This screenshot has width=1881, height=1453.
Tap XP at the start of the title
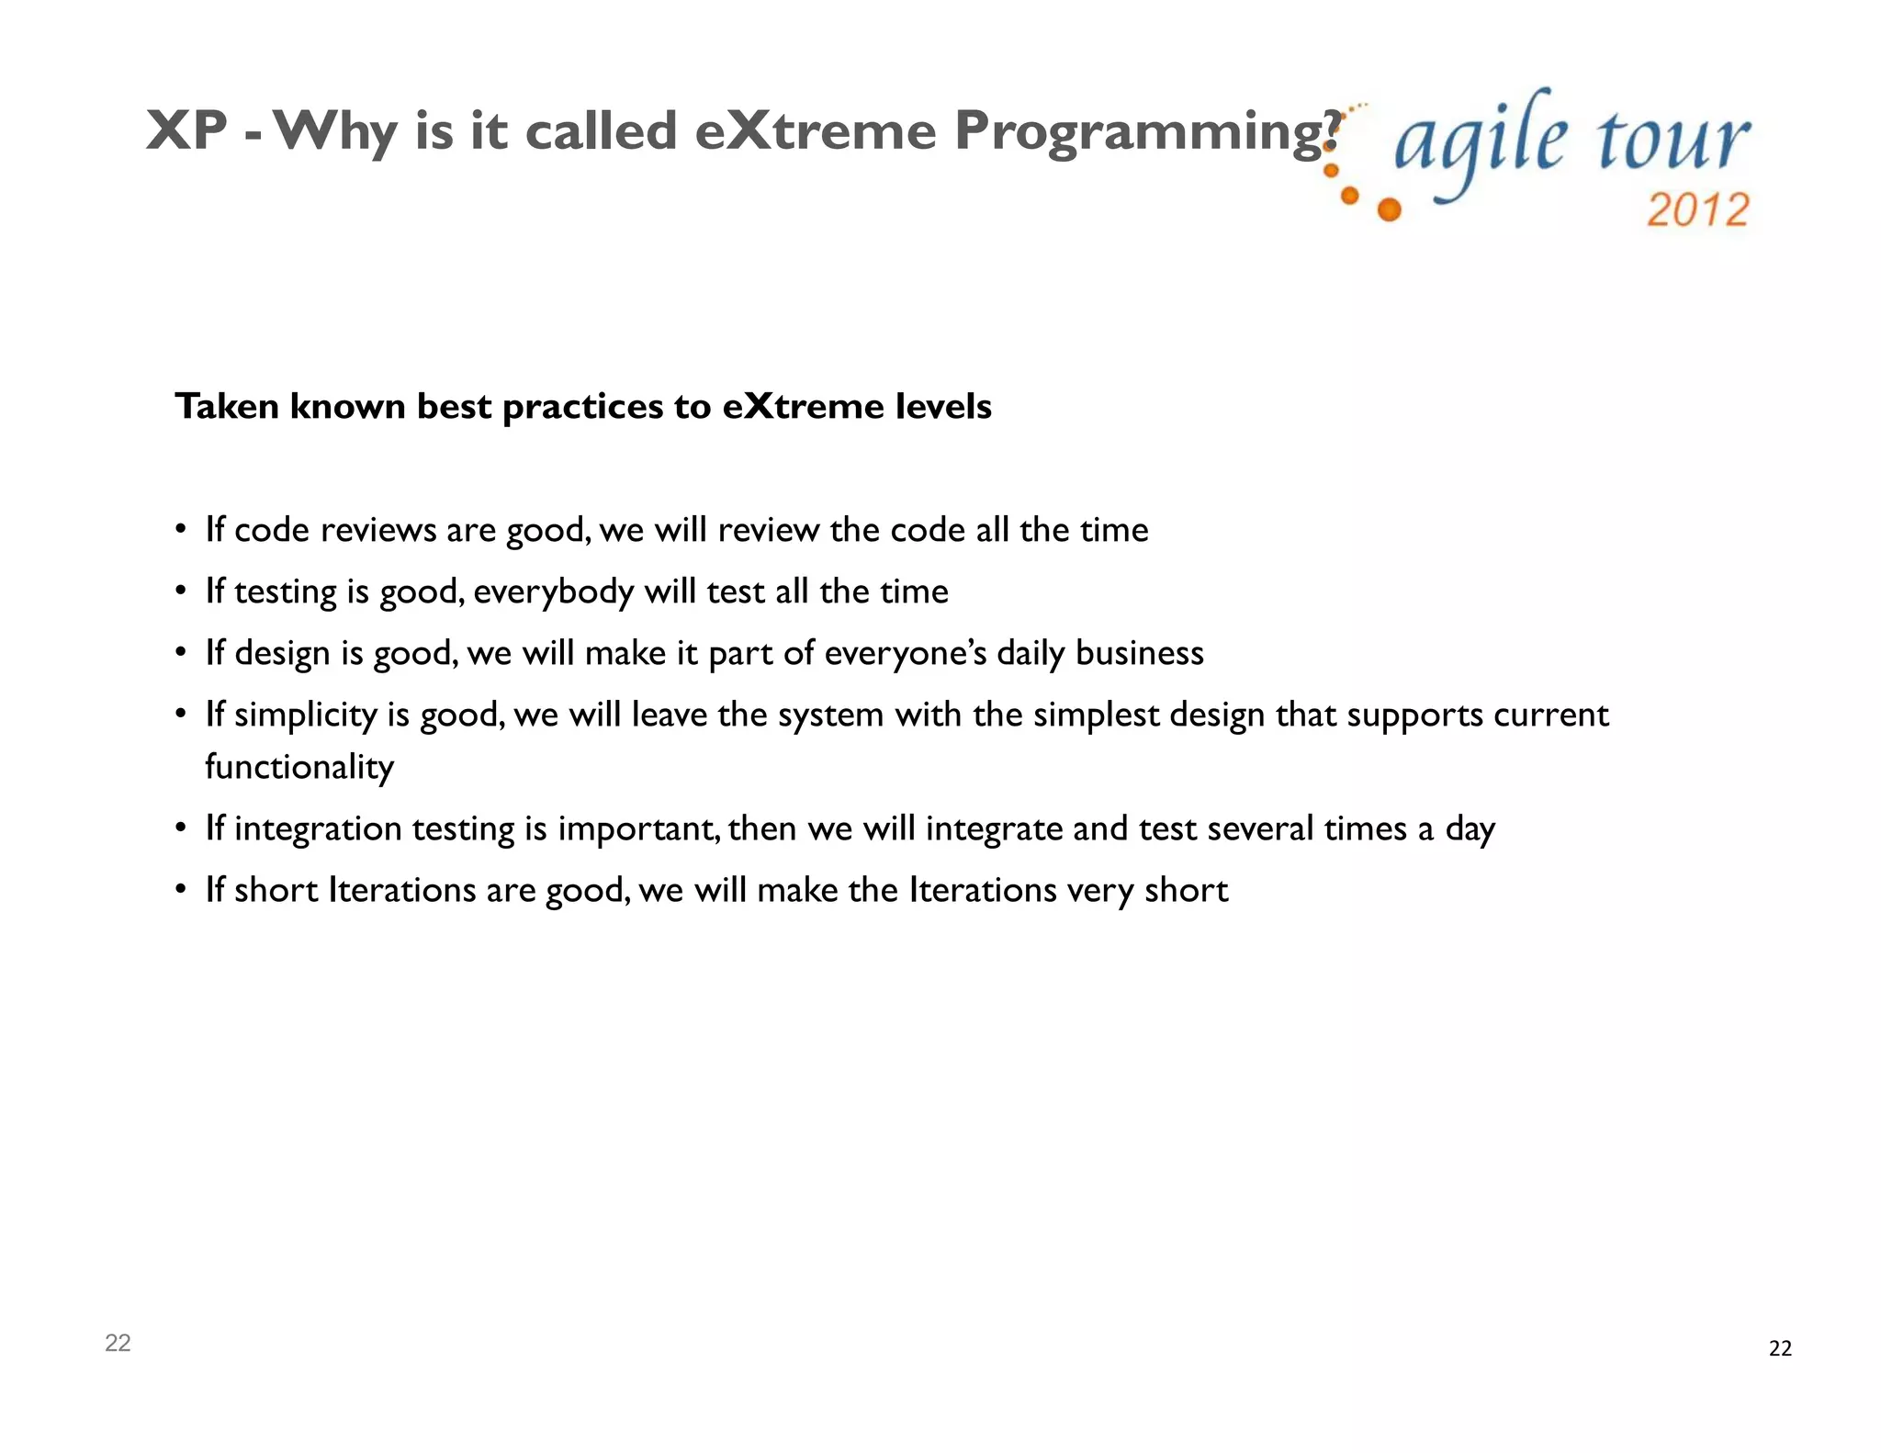[186, 130]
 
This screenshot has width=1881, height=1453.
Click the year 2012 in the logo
[1697, 210]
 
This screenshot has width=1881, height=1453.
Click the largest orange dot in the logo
[1390, 209]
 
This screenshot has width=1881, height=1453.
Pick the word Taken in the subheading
[227, 406]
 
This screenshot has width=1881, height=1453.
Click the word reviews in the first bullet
[378, 530]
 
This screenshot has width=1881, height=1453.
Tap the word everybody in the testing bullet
[553, 592]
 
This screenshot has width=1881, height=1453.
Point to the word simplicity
[305, 715]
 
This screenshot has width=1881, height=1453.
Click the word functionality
[299, 767]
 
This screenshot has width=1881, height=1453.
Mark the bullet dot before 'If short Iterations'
[182, 890]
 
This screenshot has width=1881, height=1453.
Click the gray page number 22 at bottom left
[118, 1343]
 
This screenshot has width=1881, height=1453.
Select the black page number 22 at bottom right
[1779, 1348]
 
